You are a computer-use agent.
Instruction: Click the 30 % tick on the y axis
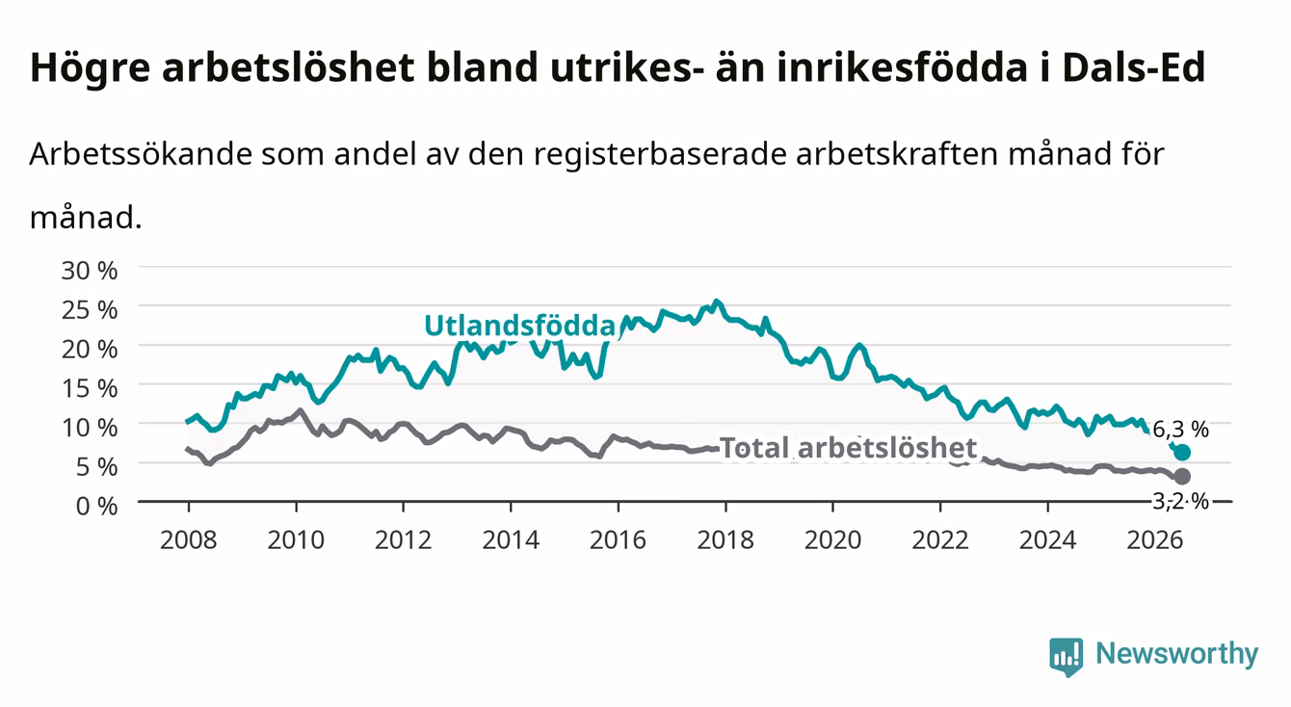pos(90,271)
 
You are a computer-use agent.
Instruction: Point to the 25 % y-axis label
pos(90,310)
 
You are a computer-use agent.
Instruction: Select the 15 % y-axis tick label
pos(90,388)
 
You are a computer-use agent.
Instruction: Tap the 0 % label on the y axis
pos(96,506)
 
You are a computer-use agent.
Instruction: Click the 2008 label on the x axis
pos(188,540)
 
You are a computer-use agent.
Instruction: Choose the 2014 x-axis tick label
pos(510,540)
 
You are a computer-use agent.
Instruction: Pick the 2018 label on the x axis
pos(725,540)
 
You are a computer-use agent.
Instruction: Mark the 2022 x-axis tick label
pos(940,540)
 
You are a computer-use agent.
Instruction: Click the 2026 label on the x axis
pos(1154,540)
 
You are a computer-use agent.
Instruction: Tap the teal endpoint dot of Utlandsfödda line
pos(1181,453)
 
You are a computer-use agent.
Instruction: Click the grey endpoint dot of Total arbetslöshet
pos(1181,477)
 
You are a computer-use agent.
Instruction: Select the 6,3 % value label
pos(1180,430)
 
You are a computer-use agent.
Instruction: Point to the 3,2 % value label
pos(1180,501)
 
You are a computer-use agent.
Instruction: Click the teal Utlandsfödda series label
pos(520,326)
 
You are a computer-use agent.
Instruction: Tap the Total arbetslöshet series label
pos(849,448)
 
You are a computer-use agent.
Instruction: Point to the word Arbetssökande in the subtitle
pos(141,154)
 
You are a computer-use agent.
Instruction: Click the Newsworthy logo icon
pos(1066,657)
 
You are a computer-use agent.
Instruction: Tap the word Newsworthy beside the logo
pos(1177,654)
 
